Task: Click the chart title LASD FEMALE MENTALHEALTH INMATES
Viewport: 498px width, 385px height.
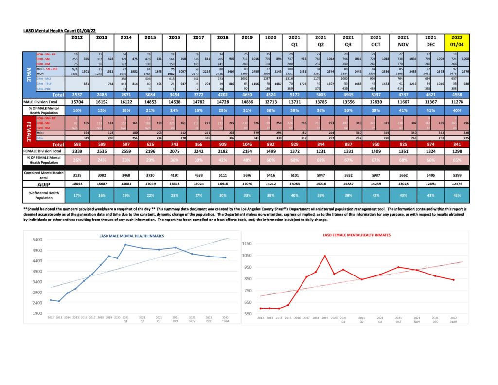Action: click(357, 235)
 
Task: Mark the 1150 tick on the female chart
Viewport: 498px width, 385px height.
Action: click(249, 243)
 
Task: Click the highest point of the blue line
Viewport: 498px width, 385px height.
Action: click(125, 244)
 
